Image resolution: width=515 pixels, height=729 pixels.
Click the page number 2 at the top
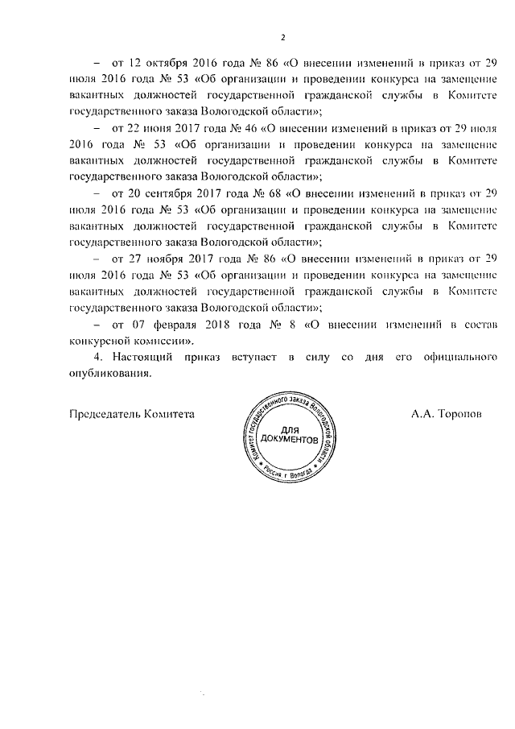(x=282, y=36)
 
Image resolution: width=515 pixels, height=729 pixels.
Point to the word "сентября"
(x=168, y=194)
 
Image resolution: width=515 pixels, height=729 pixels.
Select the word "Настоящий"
(x=144, y=356)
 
